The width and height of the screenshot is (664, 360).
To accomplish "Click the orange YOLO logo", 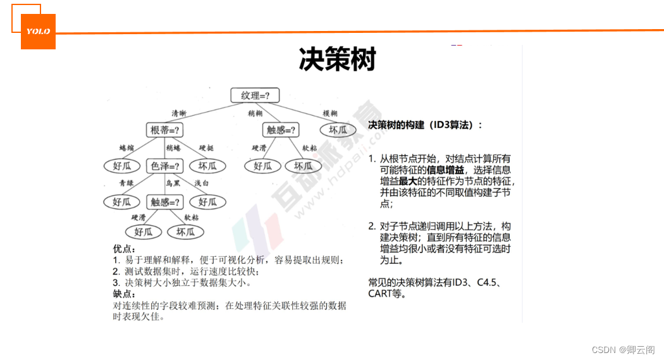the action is pyautogui.click(x=38, y=31).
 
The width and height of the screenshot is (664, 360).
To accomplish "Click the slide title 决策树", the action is pyautogui.click(x=337, y=59).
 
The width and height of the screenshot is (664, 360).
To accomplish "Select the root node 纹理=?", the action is pyautogui.click(x=259, y=96).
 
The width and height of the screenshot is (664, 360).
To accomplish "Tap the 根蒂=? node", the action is pyautogui.click(x=164, y=130).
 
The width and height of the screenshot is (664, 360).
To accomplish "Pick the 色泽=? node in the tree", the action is pyautogui.click(x=164, y=166).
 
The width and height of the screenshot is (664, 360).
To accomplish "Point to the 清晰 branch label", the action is pyautogui.click(x=179, y=113).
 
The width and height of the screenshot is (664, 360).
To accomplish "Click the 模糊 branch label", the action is pyautogui.click(x=330, y=113).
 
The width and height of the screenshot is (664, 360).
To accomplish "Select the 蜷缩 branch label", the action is pyautogui.click(x=127, y=148).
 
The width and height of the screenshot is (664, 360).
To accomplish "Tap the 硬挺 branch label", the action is pyautogui.click(x=206, y=148).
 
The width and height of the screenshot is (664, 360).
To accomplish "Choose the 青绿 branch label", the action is pyautogui.click(x=126, y=183).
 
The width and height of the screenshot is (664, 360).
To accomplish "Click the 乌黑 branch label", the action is pyautogui.click(x=173, y=183).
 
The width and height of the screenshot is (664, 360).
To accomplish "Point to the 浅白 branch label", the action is pyautogui.click(x=202, y=183).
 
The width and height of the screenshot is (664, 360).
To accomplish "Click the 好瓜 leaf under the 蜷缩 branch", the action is pyautogui.click(x=121, y=166).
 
